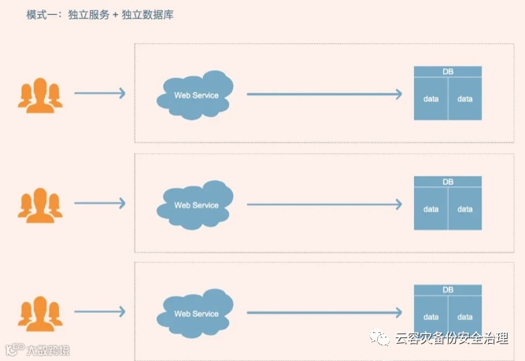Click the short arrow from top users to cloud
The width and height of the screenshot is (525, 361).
[99, 94]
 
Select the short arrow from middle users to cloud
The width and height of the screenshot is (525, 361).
[99, 203]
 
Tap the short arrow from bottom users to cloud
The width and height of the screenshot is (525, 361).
[99, 311]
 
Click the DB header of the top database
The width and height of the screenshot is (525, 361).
[448, 72]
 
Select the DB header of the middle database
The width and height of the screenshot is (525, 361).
[448, 182]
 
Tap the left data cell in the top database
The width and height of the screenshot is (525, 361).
[431, 99]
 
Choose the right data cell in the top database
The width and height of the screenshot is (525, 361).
[465, 99]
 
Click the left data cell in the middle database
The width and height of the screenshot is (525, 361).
[431, 209]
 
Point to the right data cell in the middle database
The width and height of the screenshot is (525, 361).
[465, 209]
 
